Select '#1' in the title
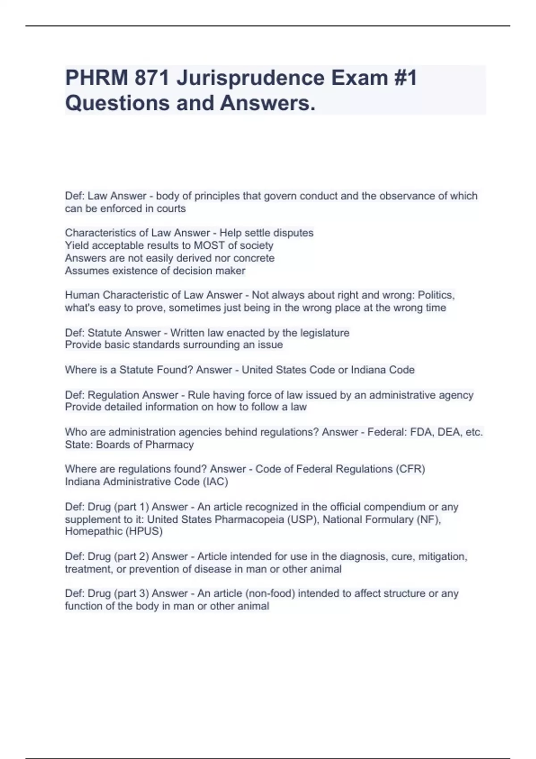coord(406,78)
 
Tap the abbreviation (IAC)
coord(215,482)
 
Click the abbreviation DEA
coord(449,432)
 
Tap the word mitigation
coord(443,557)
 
